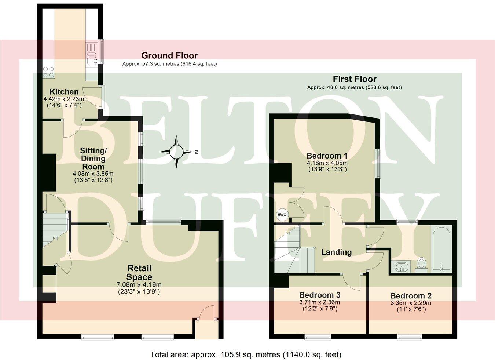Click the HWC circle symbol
pos(282,215)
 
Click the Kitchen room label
pos(64,92)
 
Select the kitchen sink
pos(91,58)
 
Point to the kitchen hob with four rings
pos(49,72)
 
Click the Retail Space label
pos(139,273)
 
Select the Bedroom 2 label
pos(411,296)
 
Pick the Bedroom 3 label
pos(320,295)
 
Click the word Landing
pos(336,252)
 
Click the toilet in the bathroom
pos(422,265)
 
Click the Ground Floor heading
pos(169,55)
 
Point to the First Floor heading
pos(355,79)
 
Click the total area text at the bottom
pos(246,354)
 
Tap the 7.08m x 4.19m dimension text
pos(139,284)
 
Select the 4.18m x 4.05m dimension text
pos(327,163)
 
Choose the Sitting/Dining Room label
pos(93,159)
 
